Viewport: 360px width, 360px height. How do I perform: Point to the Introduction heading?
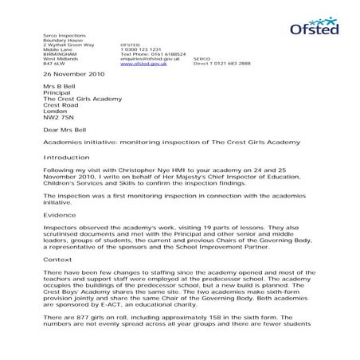(66, 158)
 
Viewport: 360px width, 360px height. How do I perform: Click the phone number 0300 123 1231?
(140, 48)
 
